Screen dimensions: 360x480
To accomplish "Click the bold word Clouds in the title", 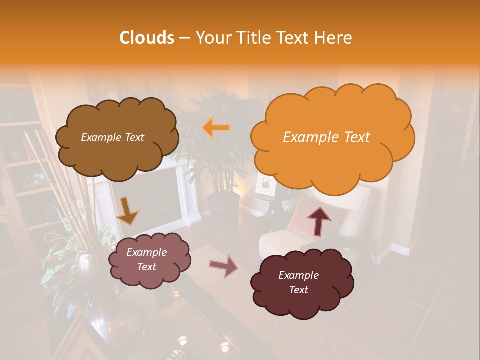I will click(147, 38).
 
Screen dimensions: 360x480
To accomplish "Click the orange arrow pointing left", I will click(216, 128).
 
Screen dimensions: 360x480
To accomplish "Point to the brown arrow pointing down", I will click(127, 211).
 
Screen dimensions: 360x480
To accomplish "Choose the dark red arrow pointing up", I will click(318, 220).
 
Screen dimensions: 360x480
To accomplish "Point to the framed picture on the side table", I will click(265, 185).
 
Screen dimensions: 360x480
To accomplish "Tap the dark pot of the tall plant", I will click(223, 207).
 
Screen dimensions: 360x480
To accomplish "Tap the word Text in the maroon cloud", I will click(299, 290).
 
